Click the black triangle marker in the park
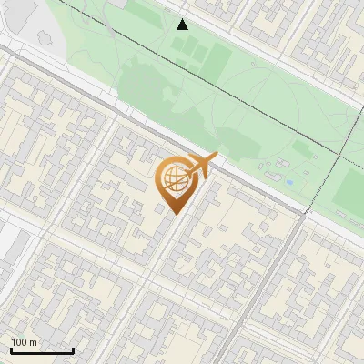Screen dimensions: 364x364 tap(182, 25)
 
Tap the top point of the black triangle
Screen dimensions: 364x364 tap(182, 18)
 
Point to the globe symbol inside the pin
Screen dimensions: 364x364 tap(172, 179)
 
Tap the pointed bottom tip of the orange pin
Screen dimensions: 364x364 tap(173, 213)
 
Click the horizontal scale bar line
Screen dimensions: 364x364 tap(41, 350)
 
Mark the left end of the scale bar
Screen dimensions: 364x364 tap(11, 350)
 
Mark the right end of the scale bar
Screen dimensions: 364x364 tap(73, 350)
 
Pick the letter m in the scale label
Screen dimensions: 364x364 tap(34, 342)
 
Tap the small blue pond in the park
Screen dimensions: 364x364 tap(289, 182)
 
